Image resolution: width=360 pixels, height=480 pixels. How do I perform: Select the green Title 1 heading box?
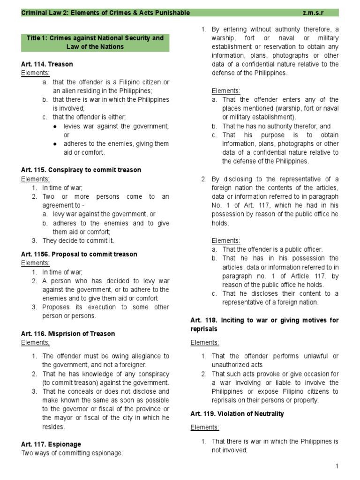point(95,42)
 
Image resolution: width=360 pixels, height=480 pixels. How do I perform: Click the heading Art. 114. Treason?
point(47,64)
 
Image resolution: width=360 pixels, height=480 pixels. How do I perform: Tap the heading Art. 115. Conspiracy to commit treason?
point(81,170)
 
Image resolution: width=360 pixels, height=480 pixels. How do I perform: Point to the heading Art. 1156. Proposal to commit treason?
point(79,254)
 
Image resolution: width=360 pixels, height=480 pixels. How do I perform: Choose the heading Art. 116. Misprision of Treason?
point(68,334)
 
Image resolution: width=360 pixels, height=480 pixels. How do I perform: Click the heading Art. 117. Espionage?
point(51,444)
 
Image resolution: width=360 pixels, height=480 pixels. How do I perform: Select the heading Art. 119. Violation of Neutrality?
point(237,414)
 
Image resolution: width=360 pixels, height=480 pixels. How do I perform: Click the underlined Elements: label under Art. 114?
point(35,73)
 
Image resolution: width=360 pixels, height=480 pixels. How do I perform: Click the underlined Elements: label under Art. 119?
point(204,427)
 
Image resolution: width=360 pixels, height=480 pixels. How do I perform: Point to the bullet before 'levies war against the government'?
point(55,127)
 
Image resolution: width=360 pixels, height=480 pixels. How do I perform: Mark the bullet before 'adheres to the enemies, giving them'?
point(55,144)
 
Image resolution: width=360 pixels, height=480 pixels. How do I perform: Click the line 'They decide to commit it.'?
point(78,240)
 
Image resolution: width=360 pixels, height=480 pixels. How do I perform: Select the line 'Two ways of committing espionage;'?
point(72,453)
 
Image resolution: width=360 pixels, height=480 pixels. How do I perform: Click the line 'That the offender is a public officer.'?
point(272,249)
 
